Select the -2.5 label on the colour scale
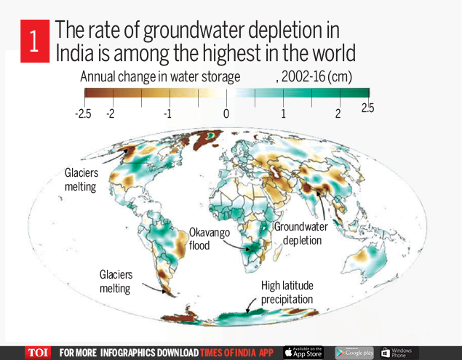pos(83,114)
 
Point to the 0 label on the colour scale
pos(226,114)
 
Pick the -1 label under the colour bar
pos(167,114)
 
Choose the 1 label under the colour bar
pos(284,114)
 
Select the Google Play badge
pos(354,353)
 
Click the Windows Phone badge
pos(397,353)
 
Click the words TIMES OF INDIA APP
pos(239,353)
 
